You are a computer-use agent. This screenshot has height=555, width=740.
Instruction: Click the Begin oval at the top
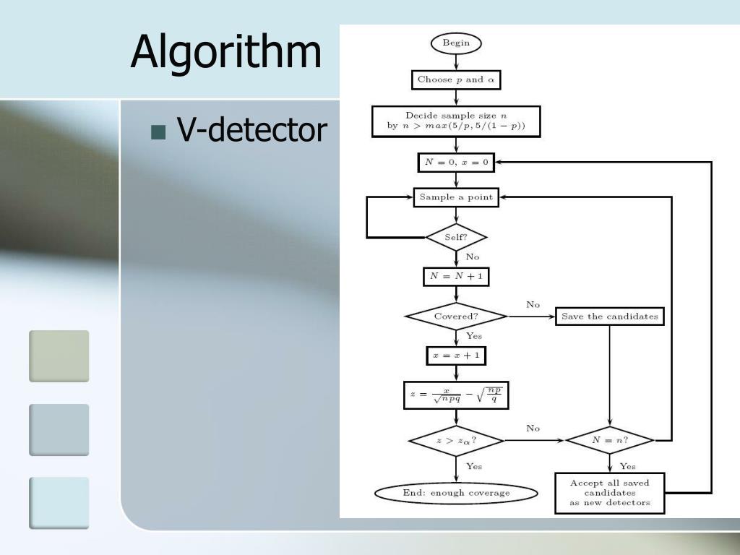456,43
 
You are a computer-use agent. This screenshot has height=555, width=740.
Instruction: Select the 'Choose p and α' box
456,79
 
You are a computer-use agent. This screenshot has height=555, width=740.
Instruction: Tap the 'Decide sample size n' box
456,121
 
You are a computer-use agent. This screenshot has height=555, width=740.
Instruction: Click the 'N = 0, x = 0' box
456,163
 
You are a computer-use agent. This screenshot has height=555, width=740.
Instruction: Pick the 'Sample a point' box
456,197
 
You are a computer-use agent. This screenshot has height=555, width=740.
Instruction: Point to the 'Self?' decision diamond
456,236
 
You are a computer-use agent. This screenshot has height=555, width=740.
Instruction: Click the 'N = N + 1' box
456,276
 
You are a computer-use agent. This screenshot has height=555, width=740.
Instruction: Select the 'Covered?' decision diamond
456,317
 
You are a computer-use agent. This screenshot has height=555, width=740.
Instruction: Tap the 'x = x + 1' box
456,356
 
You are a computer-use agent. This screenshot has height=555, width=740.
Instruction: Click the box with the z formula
456,395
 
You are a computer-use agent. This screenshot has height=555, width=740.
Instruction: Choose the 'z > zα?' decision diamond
456,439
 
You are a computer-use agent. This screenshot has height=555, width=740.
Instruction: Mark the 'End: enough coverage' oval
456,493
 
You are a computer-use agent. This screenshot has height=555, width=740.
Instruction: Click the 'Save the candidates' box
610,317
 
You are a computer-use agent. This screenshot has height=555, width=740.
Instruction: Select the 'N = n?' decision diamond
610,439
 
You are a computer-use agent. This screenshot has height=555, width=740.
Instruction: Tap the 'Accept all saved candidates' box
610,493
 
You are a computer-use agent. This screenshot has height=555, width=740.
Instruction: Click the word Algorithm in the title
225,52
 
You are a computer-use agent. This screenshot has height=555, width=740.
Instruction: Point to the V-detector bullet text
251,131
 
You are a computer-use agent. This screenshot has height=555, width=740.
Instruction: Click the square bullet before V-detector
158,132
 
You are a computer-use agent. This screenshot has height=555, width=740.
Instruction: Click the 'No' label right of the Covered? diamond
533,304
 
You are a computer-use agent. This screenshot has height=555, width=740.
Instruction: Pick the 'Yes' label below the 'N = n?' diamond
628,466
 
